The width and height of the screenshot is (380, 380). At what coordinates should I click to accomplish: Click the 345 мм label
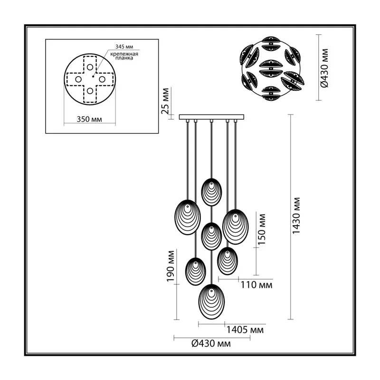pos(124,47)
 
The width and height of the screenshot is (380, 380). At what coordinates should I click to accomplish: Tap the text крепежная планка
pos(124,56)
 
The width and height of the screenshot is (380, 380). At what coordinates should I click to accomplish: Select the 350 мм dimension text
pos(89,119)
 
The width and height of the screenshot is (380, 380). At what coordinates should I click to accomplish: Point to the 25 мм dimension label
pos(165,101)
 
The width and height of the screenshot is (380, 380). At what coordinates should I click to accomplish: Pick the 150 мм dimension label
pos(262,229)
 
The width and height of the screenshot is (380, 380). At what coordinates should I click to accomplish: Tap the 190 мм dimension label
pos(171,266)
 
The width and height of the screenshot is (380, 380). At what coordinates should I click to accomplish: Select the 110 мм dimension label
pos(256,285)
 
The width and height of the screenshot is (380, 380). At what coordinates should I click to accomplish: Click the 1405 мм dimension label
pos(245,330)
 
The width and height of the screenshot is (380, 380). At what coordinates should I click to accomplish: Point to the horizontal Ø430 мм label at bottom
pos(211,343)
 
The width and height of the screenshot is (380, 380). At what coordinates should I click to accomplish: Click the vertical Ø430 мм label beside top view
pos(324,68)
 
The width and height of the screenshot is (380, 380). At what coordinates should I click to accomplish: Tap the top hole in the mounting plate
pos(90,67)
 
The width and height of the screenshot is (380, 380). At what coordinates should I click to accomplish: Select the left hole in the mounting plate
pos(78,79)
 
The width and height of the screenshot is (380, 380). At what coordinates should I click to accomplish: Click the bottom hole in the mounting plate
pos(90,91)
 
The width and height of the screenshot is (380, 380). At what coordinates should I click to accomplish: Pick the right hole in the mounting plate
pos(102,79)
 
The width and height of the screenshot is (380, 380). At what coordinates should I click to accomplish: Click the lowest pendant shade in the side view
pos(211,302)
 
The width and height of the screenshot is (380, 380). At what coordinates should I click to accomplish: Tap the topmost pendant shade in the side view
pos(211,192)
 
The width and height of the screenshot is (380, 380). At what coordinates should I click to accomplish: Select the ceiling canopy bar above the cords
pos(211,117)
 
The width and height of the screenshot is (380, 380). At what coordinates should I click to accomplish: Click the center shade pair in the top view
pos(271,68)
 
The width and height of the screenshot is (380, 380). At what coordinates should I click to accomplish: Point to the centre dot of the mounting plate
pos(93,76)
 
